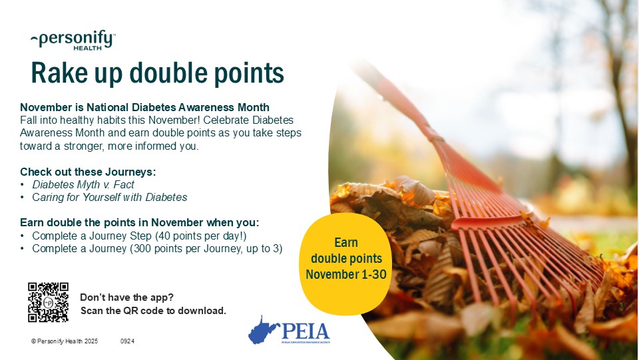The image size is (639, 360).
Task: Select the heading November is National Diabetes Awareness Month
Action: [x=144, y=107]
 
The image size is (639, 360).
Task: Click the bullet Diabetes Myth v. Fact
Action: [x=83, y=184]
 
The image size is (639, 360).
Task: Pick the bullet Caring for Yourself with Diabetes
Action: [x=110, y=197]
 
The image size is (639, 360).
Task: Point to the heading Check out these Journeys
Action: [x=88, y=172]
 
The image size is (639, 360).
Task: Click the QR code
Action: [x=48, y=302]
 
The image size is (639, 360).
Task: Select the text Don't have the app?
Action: [x=126, y=297]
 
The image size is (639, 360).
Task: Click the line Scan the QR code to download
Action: [x=153, y=311]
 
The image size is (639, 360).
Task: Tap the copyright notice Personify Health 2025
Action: [x=65, y=341]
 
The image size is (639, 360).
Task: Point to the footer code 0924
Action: [x=127, y=341]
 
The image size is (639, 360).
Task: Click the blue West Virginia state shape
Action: [x=264, y=329]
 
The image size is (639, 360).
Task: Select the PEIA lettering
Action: [x=306, y=330]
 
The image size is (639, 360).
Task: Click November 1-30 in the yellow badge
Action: [x=346, y=273]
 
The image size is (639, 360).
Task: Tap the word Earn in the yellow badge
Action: [x=346, y=243]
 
